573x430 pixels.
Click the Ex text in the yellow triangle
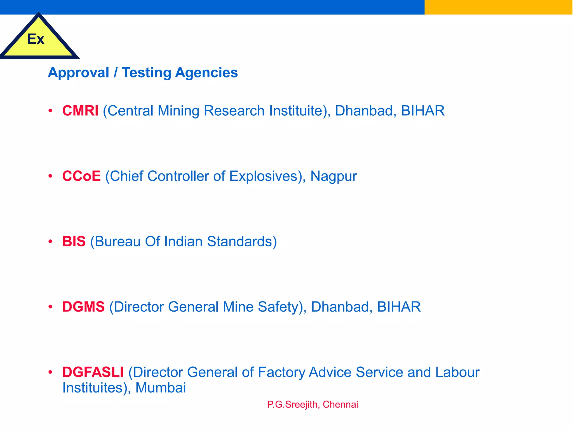click(x=36, y=39)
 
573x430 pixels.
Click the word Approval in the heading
click(x=79, y=73)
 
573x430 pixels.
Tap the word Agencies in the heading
click(x=206, y=73)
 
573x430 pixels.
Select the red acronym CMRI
click(x=80, y=111)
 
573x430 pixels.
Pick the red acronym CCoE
click(x=81, y=176)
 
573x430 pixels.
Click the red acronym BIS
click(x=74, y=241)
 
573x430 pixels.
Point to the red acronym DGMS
click(x=83, y=307)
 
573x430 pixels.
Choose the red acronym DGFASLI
click(x=93, y=372)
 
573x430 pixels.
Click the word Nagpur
click(x=334, y=177)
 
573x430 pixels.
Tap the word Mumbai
click(x=161, y=388)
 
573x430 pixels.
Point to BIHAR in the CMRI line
click(x=423, y=111)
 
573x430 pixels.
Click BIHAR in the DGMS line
click(x=399, y=307)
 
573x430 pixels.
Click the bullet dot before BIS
click(x=50, y=241)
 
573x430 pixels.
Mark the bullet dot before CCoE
click(x=50, y=176)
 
